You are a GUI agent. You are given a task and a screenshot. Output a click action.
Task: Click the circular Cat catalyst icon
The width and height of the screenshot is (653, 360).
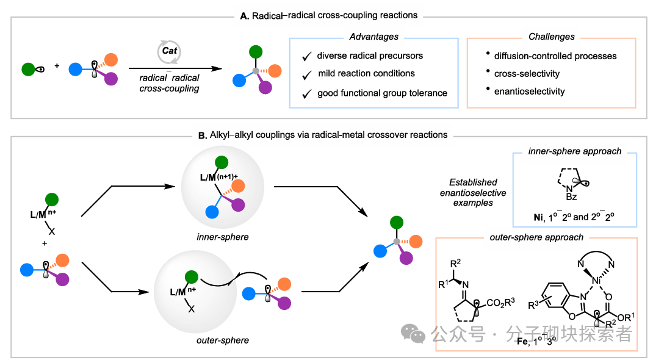click(x=169, y=52)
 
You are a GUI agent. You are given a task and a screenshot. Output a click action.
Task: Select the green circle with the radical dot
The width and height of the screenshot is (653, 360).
click(x=28, y=69)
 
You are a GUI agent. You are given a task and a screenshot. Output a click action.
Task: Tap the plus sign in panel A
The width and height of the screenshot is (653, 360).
click(x=57, y=66)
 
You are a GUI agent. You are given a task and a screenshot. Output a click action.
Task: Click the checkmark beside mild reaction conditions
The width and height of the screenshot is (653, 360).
click(x=307, y=75)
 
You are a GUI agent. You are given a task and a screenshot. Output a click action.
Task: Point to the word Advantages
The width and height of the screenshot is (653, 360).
click(x=373, y=37)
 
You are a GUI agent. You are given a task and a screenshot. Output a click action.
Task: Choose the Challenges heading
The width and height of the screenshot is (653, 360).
click(x=551, y=37)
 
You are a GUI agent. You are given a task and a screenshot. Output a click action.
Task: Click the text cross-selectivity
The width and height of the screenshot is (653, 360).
click(x=527, y=74)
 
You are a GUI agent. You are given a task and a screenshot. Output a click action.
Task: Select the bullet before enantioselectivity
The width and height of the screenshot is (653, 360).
click(x=488, y=89)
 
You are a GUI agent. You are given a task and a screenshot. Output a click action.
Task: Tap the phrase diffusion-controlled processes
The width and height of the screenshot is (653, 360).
click(x=555, y=56)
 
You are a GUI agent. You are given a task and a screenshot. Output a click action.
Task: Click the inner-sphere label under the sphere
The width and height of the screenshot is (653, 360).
click(x=222, y=237)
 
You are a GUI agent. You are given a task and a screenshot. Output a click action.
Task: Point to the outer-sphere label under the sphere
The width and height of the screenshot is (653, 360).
click(x=222, y=340)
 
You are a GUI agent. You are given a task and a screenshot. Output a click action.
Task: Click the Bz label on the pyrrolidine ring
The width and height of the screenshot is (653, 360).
click(x=571, y=197)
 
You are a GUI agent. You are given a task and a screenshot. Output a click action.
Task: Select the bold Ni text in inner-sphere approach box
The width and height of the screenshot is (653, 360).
click(x=538, y=217)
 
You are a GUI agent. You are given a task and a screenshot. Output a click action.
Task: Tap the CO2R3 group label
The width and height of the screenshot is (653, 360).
click(x=500, y=303)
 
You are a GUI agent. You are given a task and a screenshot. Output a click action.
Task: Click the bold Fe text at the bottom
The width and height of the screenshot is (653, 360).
click(x=522, y=342)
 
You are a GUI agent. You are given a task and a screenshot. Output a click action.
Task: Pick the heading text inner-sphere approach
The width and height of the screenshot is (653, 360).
click(x=575, y=151)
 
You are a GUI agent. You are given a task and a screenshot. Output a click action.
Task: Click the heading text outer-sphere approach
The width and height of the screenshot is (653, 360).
click(x=536, y=237)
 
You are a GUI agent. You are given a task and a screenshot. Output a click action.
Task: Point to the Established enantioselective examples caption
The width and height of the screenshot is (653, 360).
click(x=473, y=193)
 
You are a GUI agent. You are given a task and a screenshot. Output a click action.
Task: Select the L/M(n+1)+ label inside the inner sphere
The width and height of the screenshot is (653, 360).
click(x=218, y=178)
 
